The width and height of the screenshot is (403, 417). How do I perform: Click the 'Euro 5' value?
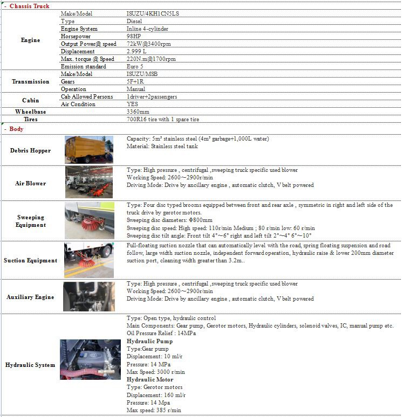click(135, 66)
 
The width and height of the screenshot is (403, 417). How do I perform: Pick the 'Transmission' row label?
click(30, 81)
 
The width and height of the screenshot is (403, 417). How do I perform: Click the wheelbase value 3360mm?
click(138, 112)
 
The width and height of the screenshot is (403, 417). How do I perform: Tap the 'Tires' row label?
click(30, 119)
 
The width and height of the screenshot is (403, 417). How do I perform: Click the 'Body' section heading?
click(17, 129)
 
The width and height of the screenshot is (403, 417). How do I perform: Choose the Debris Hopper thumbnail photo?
click(89, 150)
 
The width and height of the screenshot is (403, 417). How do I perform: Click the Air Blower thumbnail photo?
click(89, 183)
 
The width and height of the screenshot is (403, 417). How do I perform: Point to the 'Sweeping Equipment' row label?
click(30, 221)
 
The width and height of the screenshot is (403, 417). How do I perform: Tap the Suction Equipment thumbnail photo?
click(89, 260)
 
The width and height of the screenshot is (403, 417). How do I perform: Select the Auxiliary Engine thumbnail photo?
click(89, 296)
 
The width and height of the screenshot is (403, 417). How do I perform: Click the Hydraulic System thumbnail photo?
click(89, 364)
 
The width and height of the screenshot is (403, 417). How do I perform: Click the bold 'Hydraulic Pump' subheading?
click(149, 342)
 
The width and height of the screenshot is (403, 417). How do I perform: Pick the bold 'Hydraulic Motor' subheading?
click(151, 379)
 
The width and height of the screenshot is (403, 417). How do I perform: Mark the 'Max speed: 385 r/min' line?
click(154, 410)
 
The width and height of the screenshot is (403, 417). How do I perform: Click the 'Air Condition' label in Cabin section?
click(78, 104)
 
